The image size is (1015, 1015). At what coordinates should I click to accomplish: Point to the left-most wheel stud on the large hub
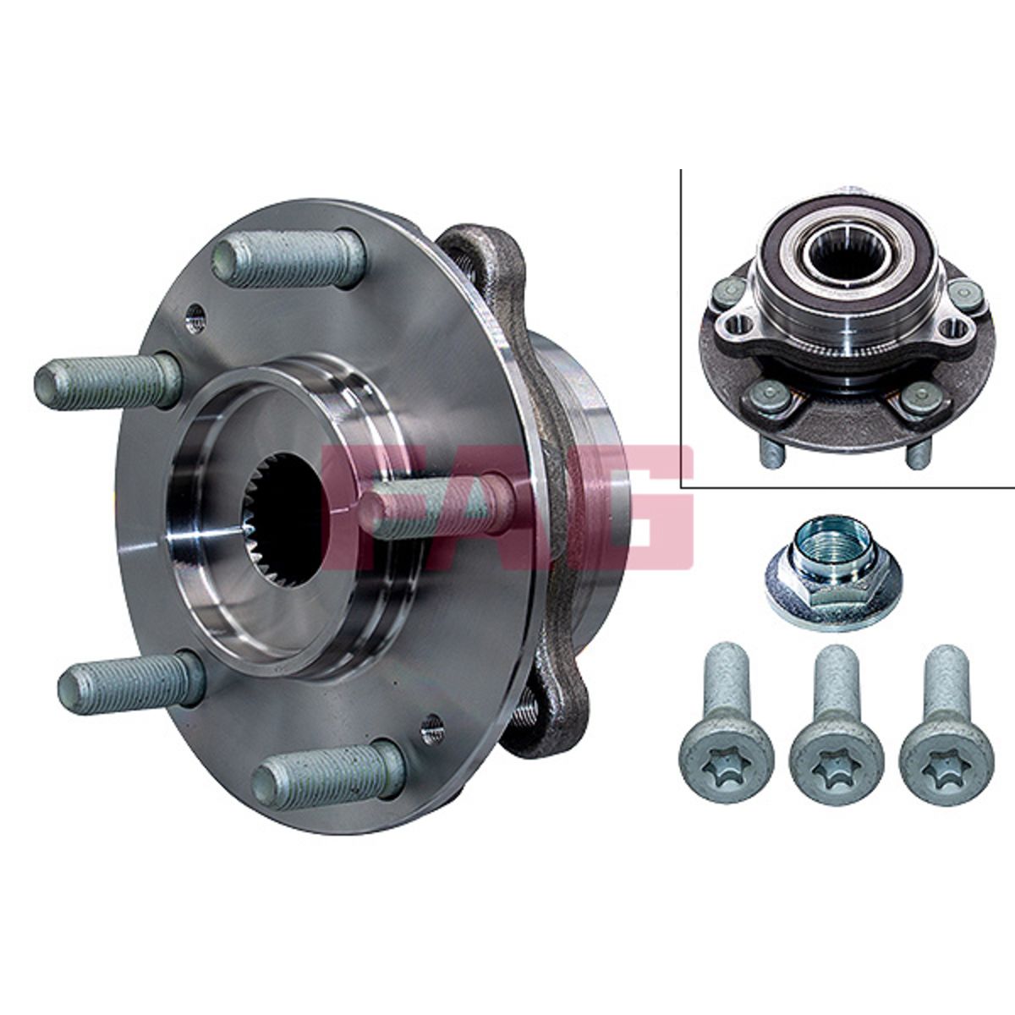click(108, 381)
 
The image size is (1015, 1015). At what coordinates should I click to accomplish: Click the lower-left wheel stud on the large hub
click(132, 679)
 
